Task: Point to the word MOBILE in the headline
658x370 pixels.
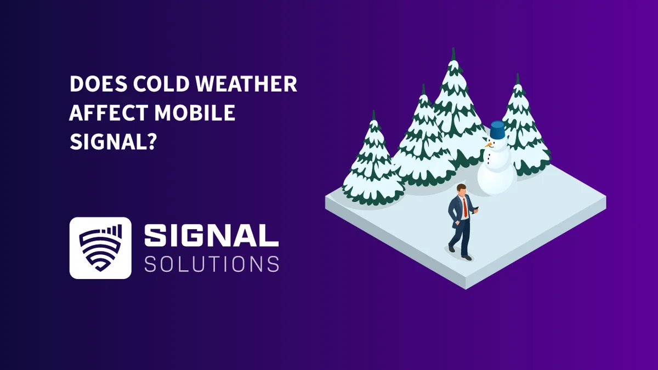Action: (x=195, y=112)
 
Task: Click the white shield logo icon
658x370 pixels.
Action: (x=100, y=248)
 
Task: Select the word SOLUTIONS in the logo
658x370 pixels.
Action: (x=211, y=264)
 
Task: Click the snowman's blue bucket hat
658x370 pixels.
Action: (x=497, y=130)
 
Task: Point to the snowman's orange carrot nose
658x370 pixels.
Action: (x=487, y=146)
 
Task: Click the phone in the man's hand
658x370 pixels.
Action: (x=476, y=208)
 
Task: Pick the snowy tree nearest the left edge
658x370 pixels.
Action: (x=373, y=164)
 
